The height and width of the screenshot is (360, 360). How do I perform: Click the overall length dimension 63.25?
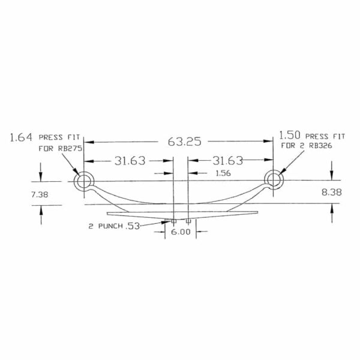coord(185,142)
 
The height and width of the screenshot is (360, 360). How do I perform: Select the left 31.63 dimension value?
coord(130,161)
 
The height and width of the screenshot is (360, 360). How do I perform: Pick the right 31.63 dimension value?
coord(227,160)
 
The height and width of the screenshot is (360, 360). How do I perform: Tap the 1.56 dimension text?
coord(223,173)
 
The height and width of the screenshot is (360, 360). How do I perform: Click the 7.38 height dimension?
coord(40,194)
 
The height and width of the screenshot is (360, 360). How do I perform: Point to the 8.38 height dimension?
coord(331,192)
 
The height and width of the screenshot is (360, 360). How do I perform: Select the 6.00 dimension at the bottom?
coord(181,232)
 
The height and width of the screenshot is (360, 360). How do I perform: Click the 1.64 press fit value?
coord(21,138)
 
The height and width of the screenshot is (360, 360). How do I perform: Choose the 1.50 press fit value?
coord(290,136)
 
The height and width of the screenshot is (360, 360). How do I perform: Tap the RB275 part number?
coord(70,149)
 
